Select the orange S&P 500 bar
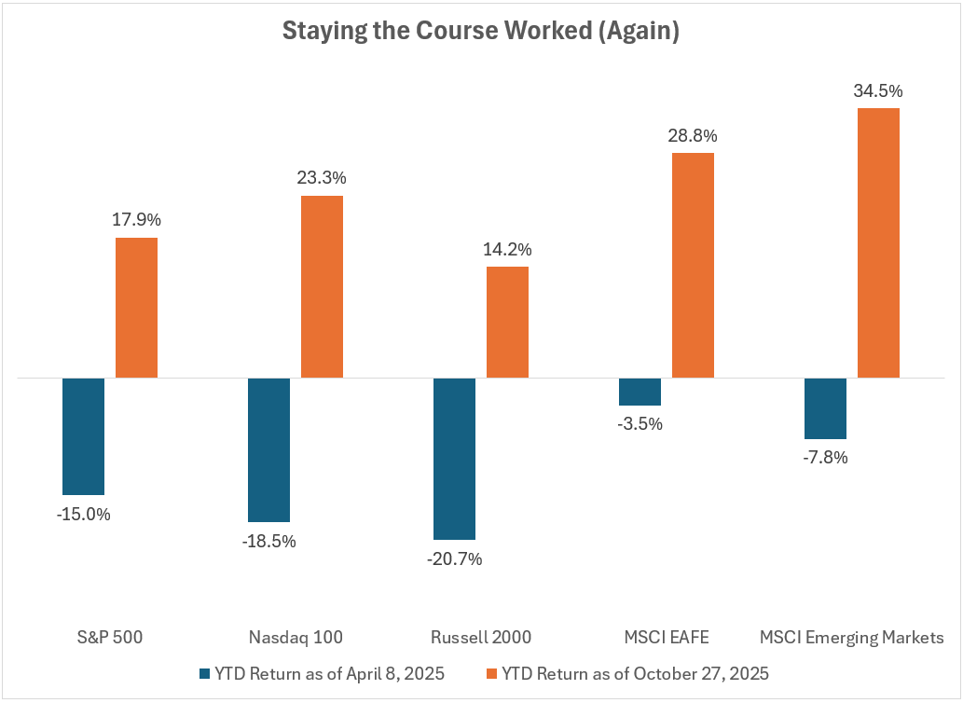coord(137,308)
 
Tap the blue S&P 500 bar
coord(83,436)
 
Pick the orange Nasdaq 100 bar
coord(322,286)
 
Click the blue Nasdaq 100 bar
coord(268,449)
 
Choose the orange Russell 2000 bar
coord(507,322)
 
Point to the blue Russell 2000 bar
coord(454,459)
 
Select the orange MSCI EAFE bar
coord(693,265)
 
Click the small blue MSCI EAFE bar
coord(640,392)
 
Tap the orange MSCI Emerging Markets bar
coord(878,242)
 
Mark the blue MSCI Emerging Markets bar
coord(825,408)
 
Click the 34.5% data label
coord(878,91)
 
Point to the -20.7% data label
coord(454,559)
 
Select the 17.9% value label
coord(137,221)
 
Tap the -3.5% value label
coord(640,424)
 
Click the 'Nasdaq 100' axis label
coord(296,638)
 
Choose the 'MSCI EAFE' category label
coord(666,638)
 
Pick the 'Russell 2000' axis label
coord(481,638)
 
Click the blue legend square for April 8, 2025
coord(205,672)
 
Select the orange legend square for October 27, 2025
coord(492,672)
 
